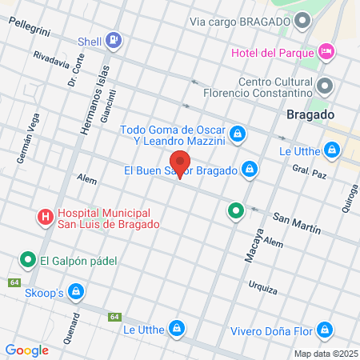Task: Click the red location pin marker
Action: click(x=180, y=162)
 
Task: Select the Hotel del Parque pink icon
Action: click(x=326, y=53)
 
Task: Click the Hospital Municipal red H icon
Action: click(x=45, y=216)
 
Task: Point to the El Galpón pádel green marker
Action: click(x=27, y=259)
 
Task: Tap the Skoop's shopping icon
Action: click(x=75, y=292)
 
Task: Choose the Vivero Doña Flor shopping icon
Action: click(x=324, y=329)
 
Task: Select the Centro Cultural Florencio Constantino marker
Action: click(x=324, y=86)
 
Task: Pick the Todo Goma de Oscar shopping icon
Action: click(x=237, y=133)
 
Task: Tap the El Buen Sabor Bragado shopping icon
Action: click(x=250, y=170)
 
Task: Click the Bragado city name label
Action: click(x=309, y=115)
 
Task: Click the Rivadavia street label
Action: click(x=51, y=58)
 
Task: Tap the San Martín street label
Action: click(x=297, y=224)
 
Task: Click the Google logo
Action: click(x=27, y=350)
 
